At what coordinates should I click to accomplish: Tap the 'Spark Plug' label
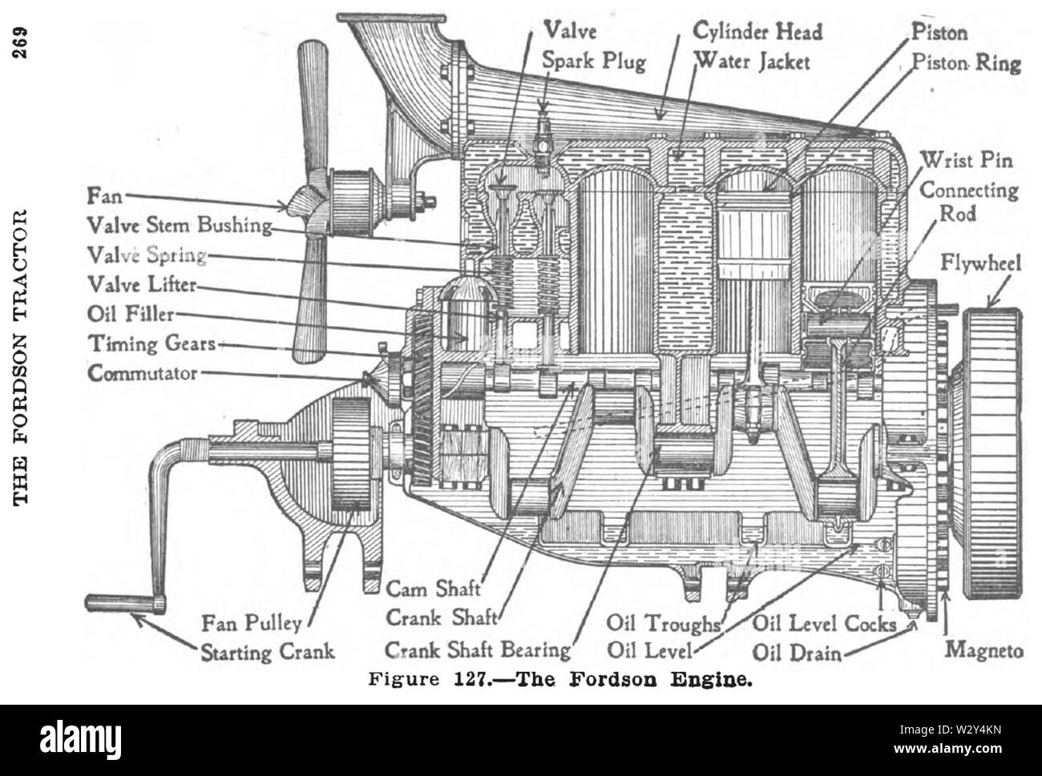click(x=594, y=62)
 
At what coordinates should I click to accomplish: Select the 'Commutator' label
click(x=143, y=373)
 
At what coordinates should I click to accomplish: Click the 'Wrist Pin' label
click(x=967, y=160)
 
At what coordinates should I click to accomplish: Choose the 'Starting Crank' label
click(x=267, y=650)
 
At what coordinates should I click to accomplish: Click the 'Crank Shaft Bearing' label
click(x=478, y=649)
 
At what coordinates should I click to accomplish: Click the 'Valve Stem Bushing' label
click(x=180, y=225)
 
